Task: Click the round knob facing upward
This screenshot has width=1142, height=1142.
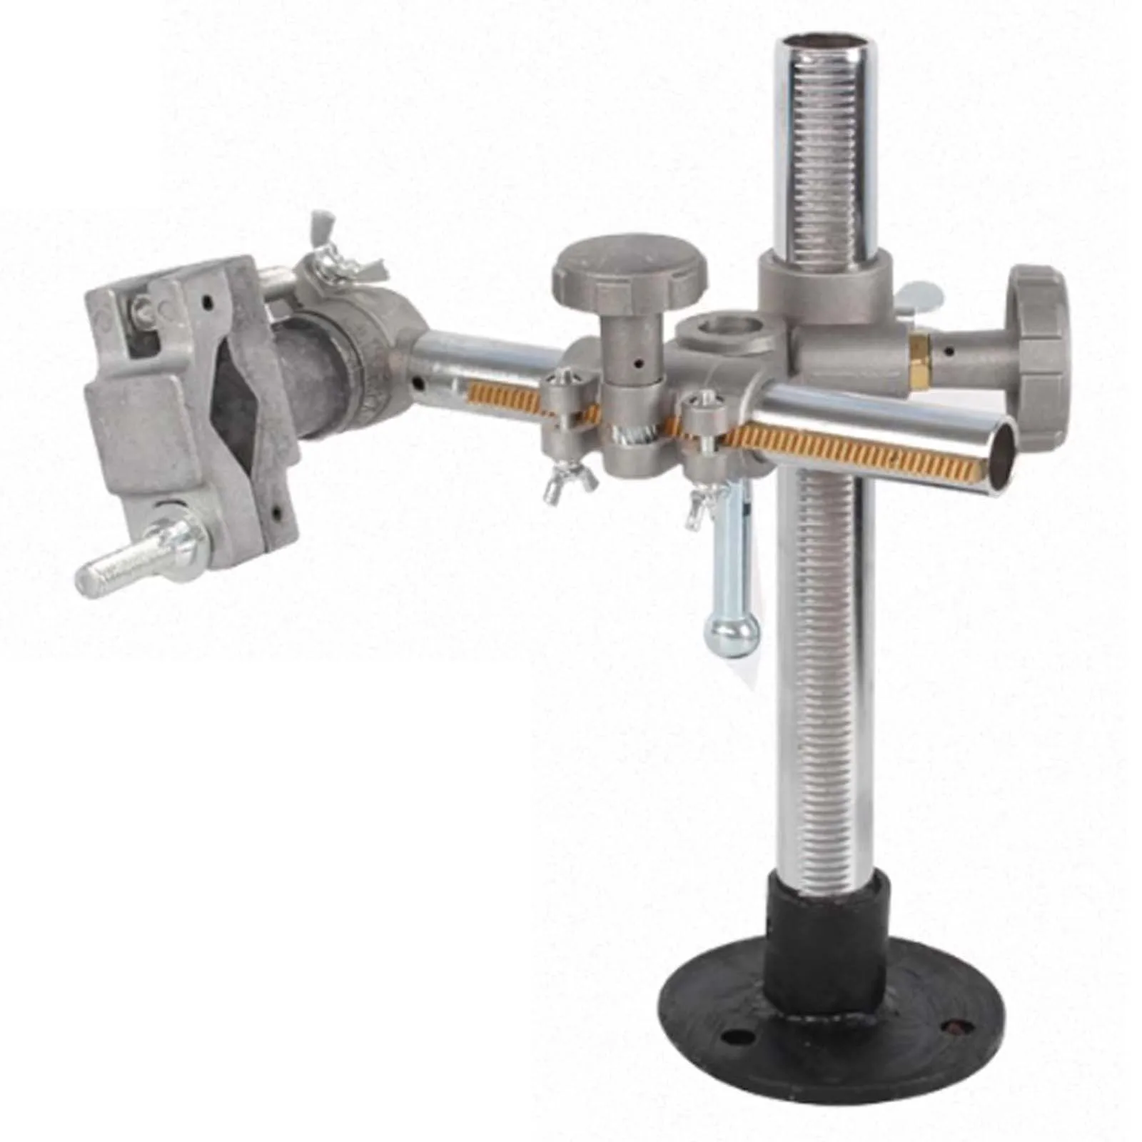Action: click(629, 270)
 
